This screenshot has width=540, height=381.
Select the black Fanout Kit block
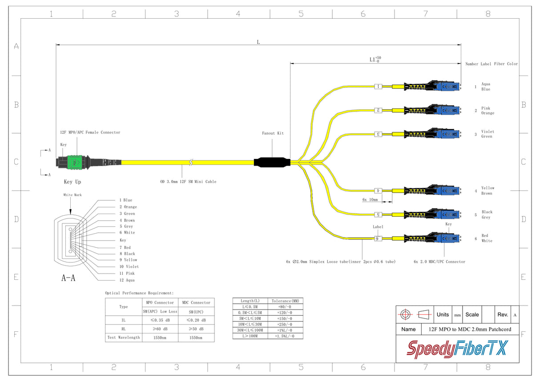point(272,163)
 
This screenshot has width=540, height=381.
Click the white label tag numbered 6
point(378,238)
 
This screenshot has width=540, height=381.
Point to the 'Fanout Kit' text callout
point(273,133)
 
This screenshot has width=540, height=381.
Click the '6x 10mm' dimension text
point(370,200)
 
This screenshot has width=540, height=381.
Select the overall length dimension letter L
point(258,42)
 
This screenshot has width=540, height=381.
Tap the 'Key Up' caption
point(73,182)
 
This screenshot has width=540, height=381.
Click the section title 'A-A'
point(68,278)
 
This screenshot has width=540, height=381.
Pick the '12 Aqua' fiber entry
point(127,280)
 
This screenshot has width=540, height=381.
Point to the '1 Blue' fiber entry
point(125,200)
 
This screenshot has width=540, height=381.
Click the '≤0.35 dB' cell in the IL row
point(160,320)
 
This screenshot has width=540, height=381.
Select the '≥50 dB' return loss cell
point(196,329)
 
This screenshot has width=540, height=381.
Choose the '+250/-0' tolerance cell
point(285,324)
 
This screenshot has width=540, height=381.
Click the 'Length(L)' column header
point(250,301)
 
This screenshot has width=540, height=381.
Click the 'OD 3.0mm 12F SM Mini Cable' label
point(188,182)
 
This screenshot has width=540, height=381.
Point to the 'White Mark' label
point(73,195)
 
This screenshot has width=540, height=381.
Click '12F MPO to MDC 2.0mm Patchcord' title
point(470,329)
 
